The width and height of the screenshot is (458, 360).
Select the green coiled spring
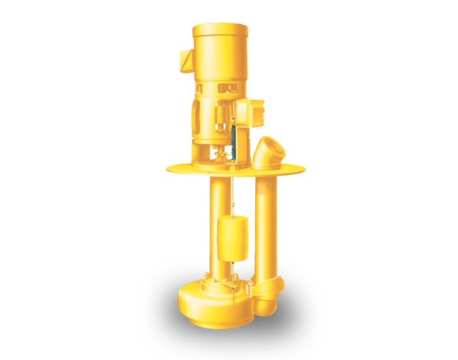tap(234, 138)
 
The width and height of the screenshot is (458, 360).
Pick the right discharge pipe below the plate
tap(267, 223)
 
